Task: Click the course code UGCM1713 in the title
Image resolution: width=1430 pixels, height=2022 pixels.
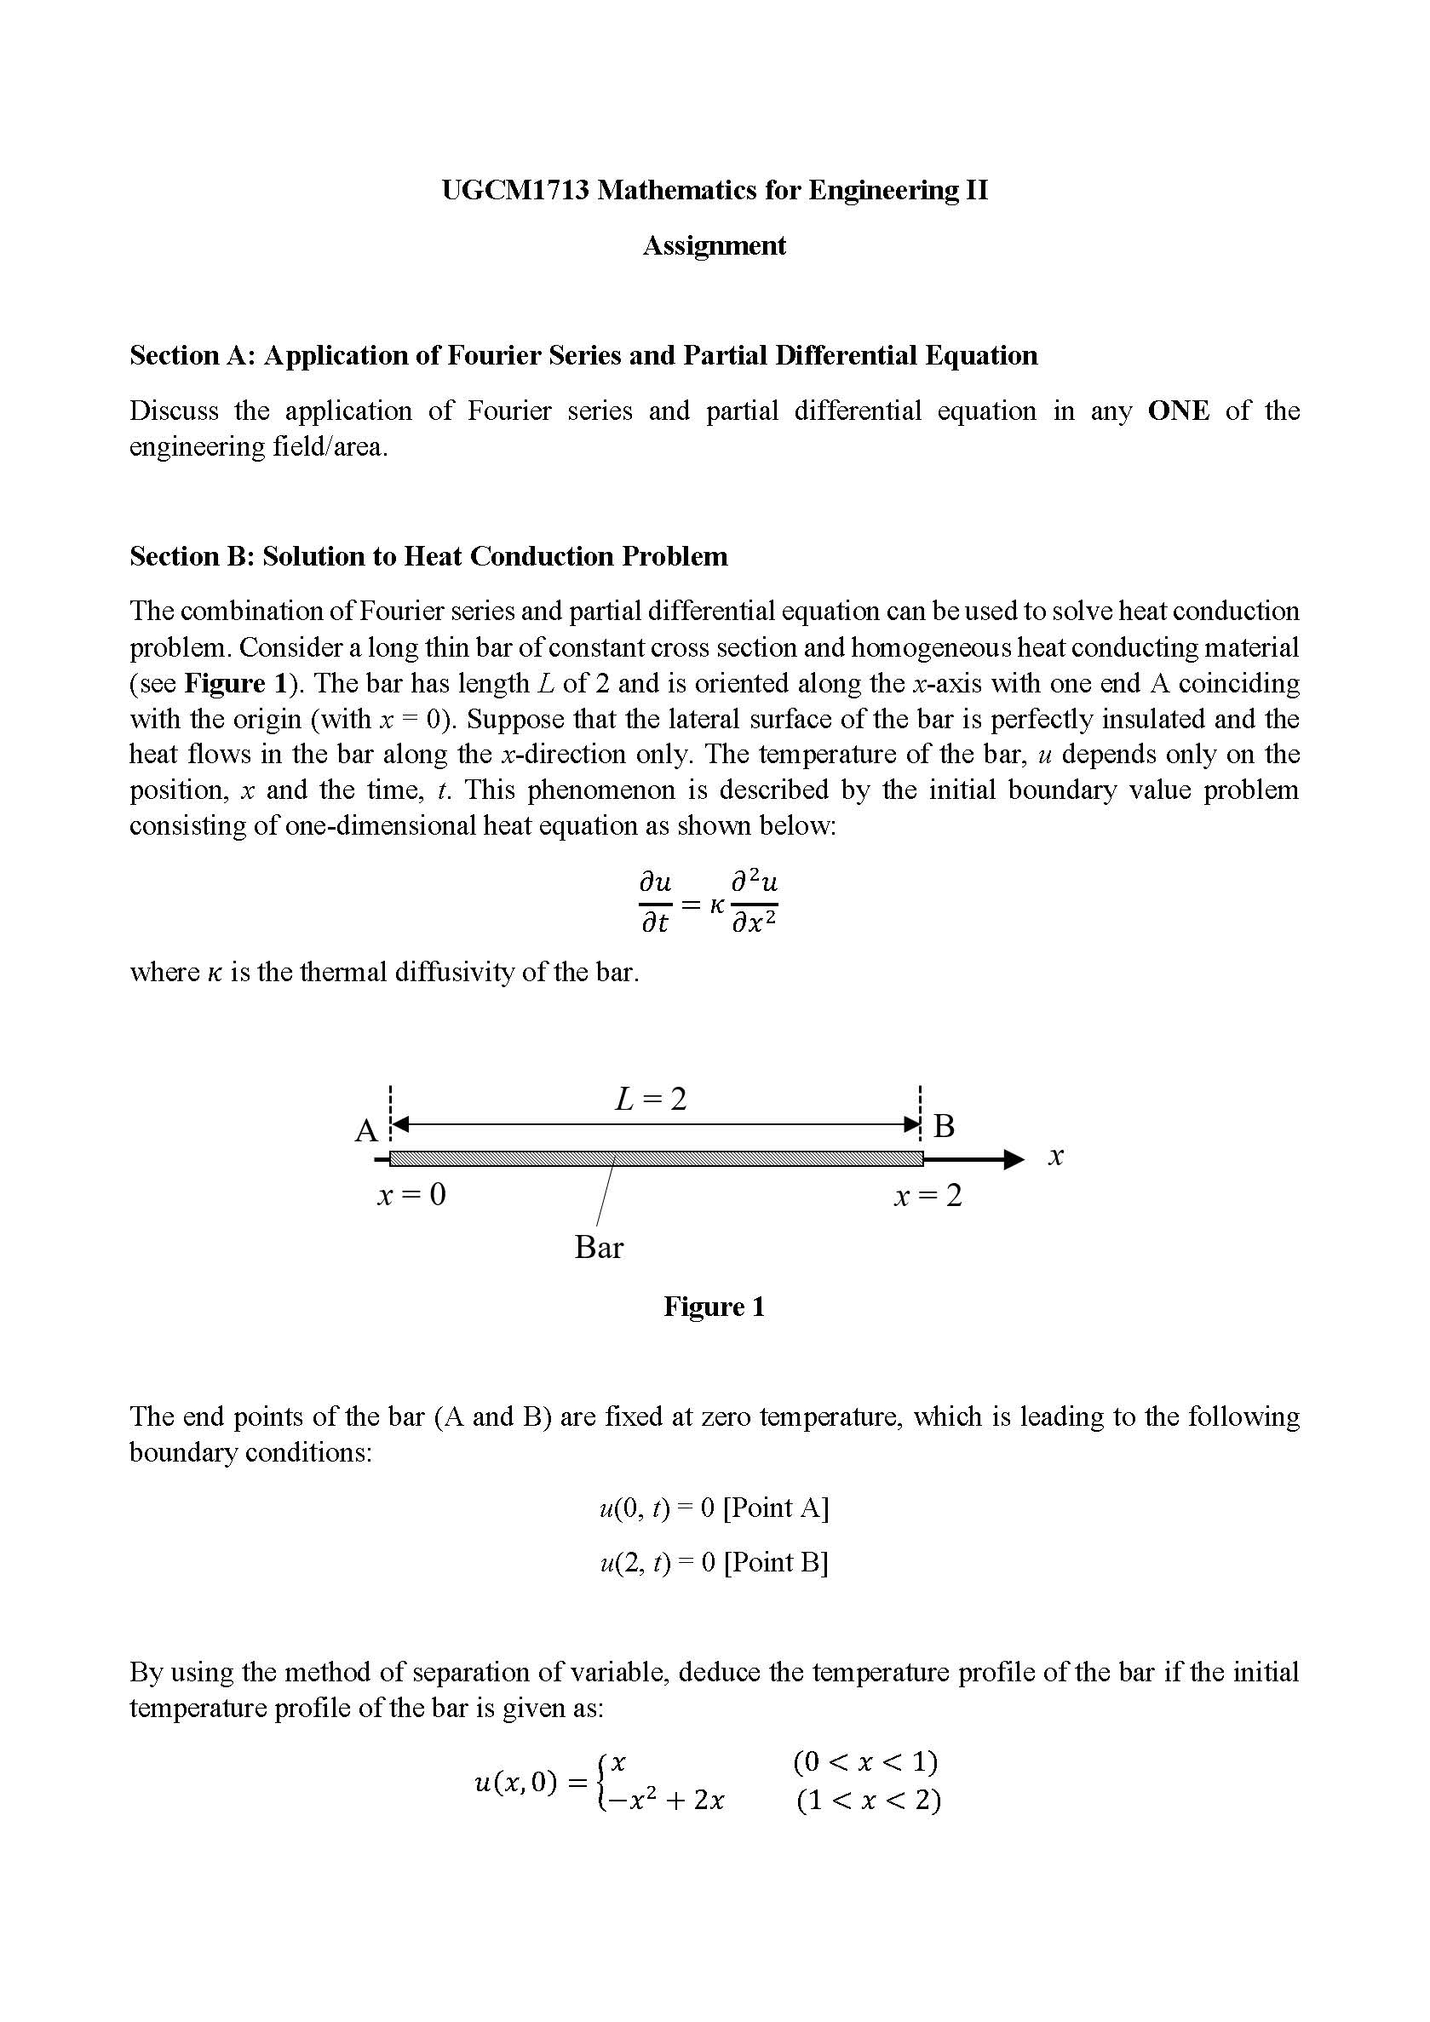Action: point(515,190)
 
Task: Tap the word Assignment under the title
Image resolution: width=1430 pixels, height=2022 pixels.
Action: point(714,245)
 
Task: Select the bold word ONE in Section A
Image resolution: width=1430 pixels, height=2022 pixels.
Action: point(1178,411)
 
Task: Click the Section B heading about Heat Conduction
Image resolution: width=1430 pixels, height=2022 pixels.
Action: point(428,556)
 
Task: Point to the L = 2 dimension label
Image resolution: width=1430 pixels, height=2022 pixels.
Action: point(651,1099)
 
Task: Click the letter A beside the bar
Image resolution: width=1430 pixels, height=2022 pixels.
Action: point(365,1131)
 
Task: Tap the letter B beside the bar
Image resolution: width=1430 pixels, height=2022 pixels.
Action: point(944,1126)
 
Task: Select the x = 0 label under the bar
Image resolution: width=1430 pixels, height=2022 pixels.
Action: point(412,1195)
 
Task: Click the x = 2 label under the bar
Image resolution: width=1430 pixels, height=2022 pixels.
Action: point(928,1196)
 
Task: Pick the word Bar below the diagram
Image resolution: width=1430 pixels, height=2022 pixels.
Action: point(599,1247)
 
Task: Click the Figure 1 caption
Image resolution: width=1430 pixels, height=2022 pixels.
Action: point(714,1306)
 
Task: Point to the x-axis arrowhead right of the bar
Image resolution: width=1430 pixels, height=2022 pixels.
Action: point(1014,1158)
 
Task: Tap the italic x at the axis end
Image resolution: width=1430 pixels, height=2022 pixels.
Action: point(1057,1157)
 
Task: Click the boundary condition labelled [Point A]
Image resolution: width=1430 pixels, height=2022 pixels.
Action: point(714,1508)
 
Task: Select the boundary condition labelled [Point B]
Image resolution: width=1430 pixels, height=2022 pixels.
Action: point(714,1562)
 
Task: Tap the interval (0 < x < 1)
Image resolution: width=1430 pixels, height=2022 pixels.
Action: point(865,1762)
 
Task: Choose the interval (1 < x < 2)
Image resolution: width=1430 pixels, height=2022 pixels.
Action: point(868,1801)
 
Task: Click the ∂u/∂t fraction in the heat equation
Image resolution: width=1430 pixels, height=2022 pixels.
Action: point(654,903)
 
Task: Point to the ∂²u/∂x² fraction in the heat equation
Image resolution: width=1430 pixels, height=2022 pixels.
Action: point(755,903)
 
